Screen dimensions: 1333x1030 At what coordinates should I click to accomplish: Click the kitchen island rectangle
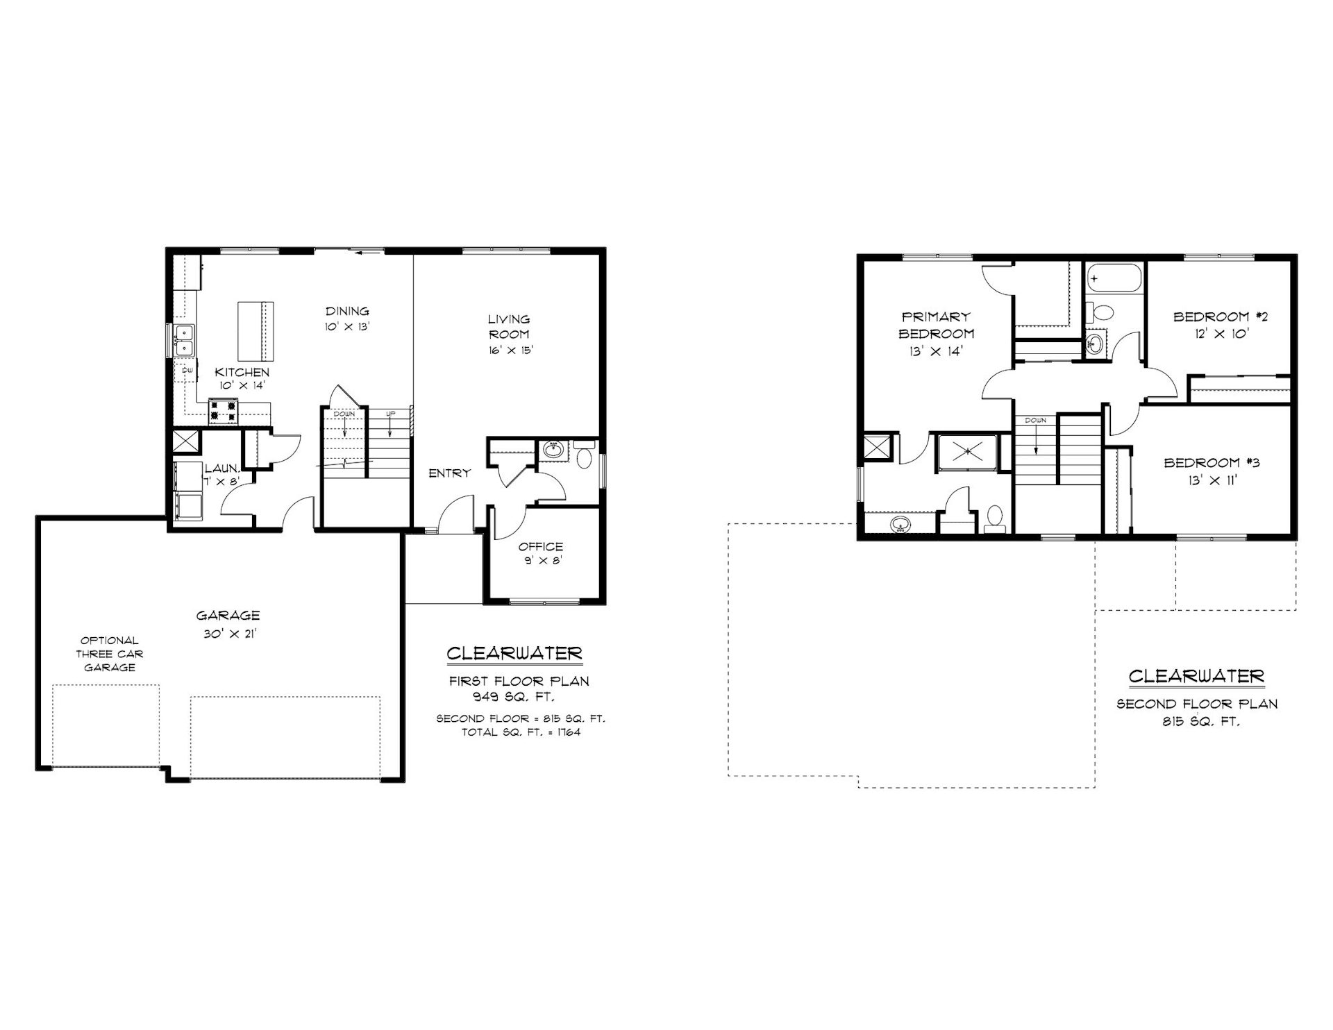(x=255, y=328)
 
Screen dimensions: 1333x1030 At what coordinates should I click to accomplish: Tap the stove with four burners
(x=224, y=410)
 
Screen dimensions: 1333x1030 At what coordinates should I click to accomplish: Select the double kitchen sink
(x=185, y=340)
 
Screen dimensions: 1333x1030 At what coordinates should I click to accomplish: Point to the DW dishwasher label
(x=187, y=371)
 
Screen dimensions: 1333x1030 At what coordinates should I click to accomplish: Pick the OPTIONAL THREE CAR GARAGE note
(x=109, y=654)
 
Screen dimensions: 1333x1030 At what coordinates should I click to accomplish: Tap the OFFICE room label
(x=540, y=547)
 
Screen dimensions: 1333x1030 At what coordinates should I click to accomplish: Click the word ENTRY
(x=449, y=473)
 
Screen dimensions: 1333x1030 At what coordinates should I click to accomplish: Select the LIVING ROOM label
(x=509, y=326)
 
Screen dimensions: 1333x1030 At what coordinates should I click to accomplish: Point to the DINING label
(x=347, y=311)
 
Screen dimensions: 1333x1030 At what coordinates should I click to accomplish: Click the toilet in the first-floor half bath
(x=585, y=457)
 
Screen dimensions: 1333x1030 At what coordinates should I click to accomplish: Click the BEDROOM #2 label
(x=1221, y=317)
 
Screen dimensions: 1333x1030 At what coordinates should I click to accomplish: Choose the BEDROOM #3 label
(x=1212, y=463)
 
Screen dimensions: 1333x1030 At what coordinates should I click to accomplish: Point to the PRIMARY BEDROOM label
(x=936, y=325)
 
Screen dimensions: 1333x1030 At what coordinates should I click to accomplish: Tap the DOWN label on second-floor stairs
(x=1035, y=421)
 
